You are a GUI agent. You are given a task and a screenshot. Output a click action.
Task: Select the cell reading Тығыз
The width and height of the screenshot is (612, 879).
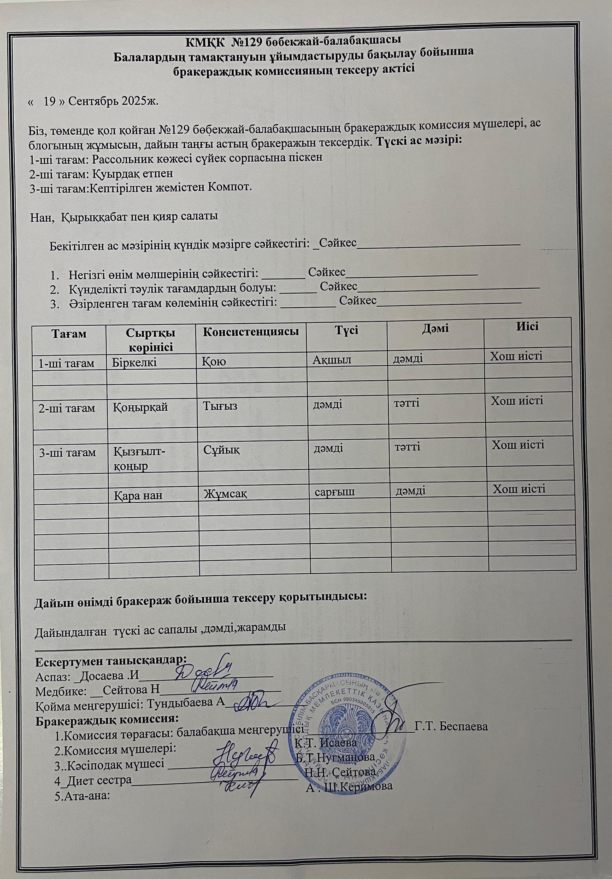point(220,406)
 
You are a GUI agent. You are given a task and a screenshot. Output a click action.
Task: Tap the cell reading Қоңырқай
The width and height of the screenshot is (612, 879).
point(141,407)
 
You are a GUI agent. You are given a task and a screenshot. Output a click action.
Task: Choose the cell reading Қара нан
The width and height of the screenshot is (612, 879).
point(139,495)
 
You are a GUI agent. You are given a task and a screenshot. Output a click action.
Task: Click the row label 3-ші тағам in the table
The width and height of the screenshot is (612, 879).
point(67,452)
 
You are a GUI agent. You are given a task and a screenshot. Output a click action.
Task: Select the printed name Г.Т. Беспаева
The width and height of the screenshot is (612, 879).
point(452,727)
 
